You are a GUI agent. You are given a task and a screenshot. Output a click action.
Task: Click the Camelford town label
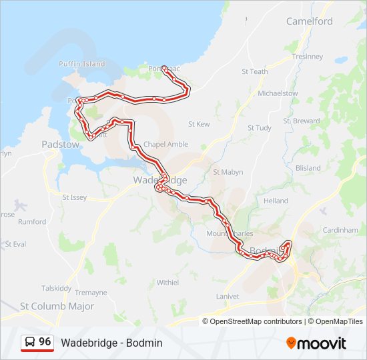point(309,21)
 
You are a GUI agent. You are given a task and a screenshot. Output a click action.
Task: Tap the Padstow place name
point(60,144)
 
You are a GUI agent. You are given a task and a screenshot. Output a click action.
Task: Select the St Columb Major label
point(57,307)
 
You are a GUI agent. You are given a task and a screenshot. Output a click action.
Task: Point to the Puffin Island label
point(82,64)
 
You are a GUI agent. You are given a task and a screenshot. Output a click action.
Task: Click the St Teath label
point(254,72)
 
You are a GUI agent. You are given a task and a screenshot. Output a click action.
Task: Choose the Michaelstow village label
point(278,93)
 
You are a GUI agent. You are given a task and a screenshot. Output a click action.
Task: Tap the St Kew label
point(199,124)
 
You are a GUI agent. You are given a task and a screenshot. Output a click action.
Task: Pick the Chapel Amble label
point(166,145)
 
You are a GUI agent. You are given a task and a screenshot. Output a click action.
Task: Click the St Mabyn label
point(228,172)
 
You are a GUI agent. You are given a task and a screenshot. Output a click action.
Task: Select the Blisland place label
point(308,169)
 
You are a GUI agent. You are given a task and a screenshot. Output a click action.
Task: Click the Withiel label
point(167,283)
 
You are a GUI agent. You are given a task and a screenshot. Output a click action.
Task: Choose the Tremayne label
point(91,293)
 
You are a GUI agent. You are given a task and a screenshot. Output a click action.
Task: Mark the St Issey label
point(74,197)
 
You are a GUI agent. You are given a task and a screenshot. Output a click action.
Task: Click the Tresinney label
point(307,57)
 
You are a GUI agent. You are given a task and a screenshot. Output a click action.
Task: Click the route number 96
point(45,342)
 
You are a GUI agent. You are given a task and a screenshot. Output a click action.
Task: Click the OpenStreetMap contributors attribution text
point(256,321)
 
